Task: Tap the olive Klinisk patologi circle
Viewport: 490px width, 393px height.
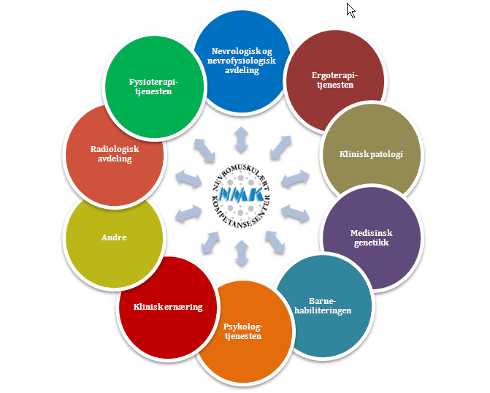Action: (371, 154)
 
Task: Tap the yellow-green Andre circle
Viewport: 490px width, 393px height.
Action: (113, 237)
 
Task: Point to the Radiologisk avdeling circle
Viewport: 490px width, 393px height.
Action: (114, 154)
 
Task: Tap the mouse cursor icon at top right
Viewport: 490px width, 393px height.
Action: (351, 10)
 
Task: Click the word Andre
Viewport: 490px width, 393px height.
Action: (113, 237)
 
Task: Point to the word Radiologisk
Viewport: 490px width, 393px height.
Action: (114, 149)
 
